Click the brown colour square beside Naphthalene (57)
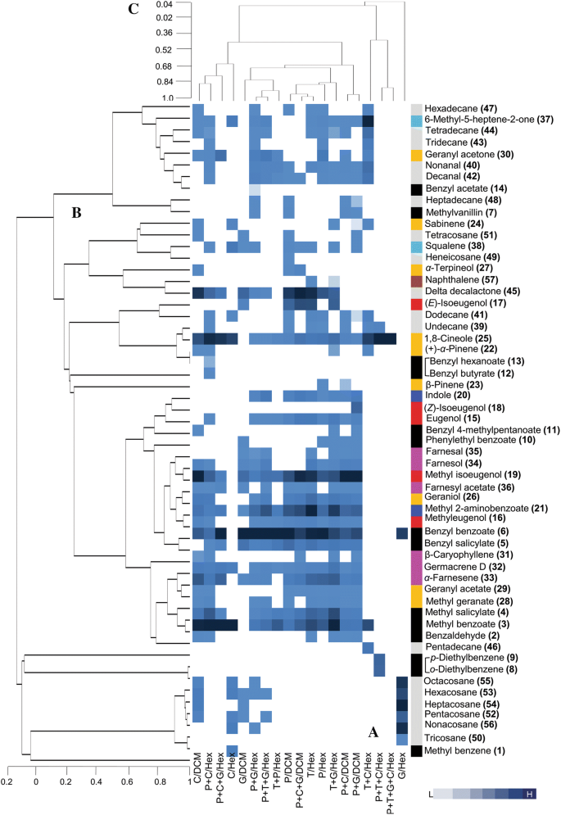(417, 280)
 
